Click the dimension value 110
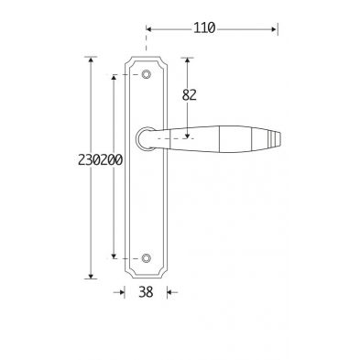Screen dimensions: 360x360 [204, 28]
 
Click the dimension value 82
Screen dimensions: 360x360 [189, 95]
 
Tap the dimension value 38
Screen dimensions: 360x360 [146, 292]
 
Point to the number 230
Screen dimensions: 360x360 [89, 160]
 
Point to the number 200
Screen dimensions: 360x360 [112, 160]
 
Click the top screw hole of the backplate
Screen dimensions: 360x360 [147, 74]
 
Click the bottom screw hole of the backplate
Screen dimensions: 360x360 [147, 258]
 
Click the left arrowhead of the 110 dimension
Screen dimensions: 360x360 [148, 29]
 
